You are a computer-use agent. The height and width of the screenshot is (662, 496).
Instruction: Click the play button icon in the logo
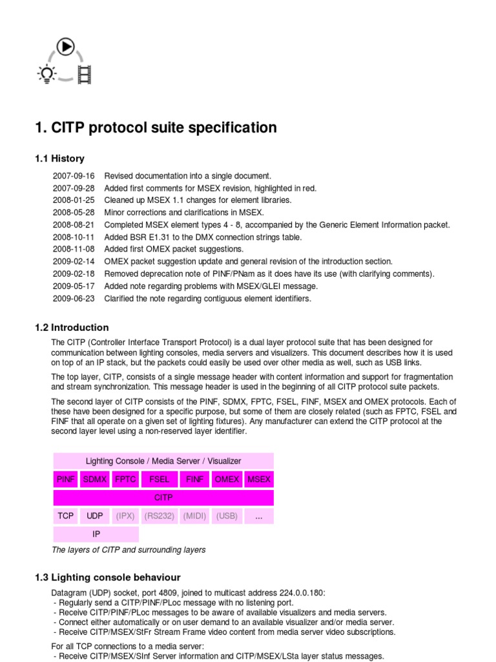(x=65, y=47)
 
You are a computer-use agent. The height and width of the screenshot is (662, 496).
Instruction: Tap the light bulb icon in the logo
(x=46, y=75)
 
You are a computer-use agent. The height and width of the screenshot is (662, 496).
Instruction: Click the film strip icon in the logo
(x=85, y=75)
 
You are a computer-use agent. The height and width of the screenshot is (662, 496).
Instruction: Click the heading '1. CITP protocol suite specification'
(x=156, y=128)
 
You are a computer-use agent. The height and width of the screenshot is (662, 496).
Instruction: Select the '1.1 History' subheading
(x=59, y=158)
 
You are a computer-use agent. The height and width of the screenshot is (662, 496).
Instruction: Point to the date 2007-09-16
(x=74, y=176)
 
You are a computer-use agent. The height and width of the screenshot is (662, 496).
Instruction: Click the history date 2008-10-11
(x=74, y=237)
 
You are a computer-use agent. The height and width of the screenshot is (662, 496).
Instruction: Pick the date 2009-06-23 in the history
(x=74, y=299)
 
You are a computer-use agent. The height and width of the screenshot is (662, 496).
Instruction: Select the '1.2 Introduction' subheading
(x=72, y=327)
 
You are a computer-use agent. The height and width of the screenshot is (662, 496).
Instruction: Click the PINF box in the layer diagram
(x=66, y=480)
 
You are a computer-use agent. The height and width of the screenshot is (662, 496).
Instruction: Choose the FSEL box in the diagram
(x=159, y=480)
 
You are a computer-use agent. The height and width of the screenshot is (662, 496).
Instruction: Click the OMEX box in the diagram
(x=227, y=480)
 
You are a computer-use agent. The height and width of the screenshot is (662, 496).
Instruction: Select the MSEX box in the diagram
(x=260, y=480)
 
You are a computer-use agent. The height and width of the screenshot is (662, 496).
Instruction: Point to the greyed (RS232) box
(x=159, y=516)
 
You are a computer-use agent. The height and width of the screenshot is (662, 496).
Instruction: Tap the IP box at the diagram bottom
(x=96, y=535)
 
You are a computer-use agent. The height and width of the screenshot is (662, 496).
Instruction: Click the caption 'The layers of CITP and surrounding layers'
(x=129, y=550)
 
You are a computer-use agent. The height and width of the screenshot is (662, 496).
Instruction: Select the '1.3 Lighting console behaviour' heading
(x=107, y=577)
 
